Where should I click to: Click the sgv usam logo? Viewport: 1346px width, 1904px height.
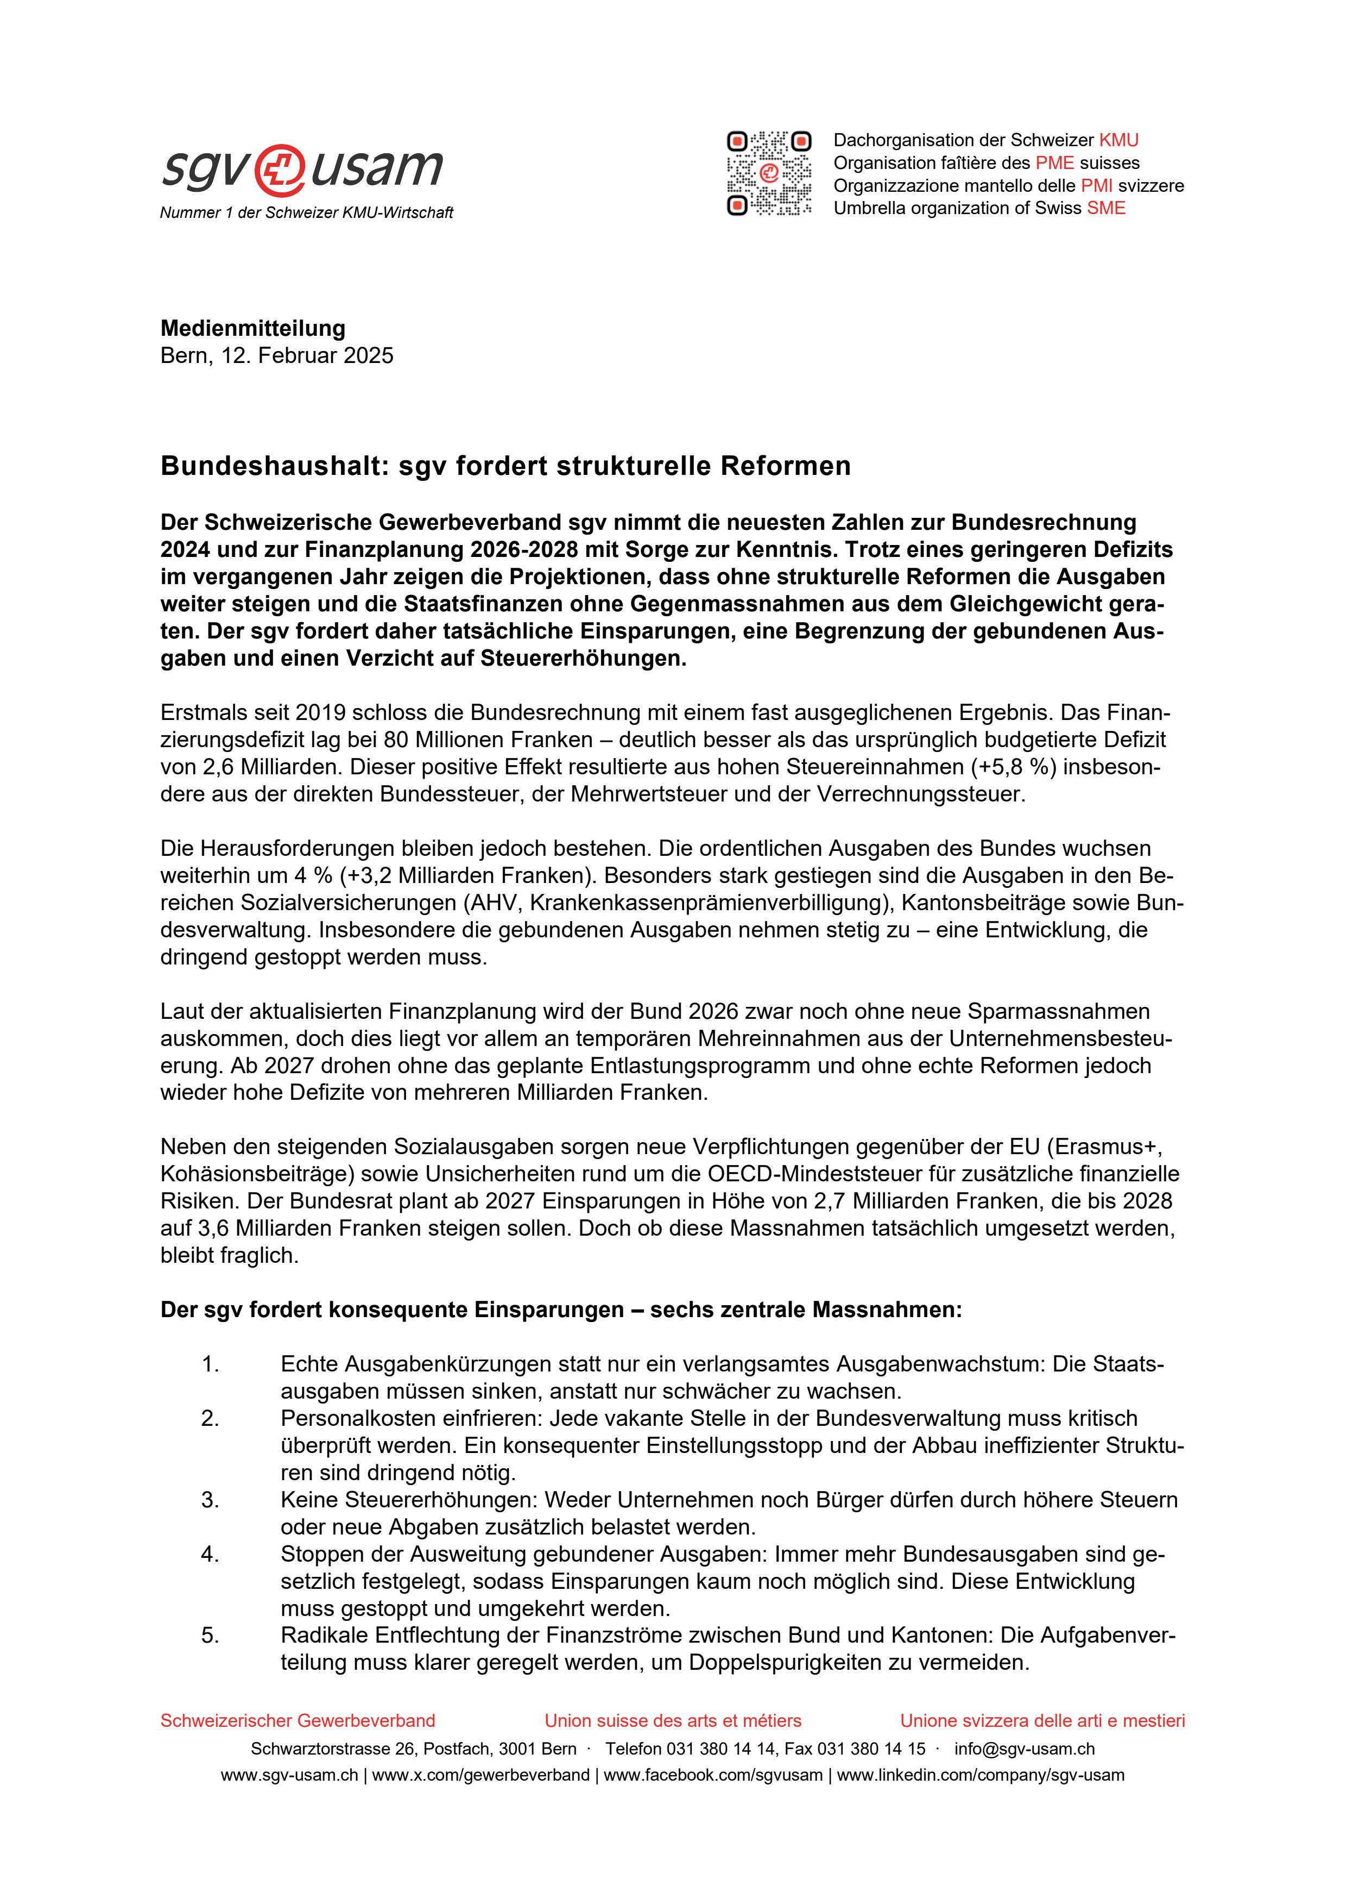click(x=302, y=168)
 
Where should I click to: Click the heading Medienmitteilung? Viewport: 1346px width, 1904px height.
click(x=253, y=328)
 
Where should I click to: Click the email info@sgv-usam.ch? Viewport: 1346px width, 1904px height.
click(x=1025, y=1749)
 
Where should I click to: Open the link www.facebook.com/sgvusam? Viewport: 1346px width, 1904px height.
click(x=713, y=1775)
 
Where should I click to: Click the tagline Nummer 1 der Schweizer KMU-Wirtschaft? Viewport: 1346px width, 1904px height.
click(x=307, y=213)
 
